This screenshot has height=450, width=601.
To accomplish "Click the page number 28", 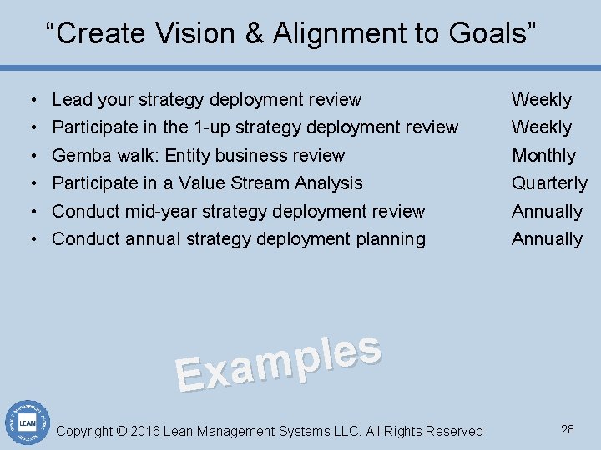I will coord(568,430).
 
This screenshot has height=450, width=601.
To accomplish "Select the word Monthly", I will coord(543,155).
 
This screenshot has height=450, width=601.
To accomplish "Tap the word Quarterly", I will coord(549,182).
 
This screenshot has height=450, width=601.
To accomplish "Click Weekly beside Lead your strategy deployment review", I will coord(542,99).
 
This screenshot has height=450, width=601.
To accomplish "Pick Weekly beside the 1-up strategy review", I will coord(542,127).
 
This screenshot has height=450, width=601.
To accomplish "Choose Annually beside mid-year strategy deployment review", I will coord(547,211).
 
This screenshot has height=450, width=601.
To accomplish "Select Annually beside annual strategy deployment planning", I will coord(547,238).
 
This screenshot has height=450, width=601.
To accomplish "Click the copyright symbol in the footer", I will coord(122,431).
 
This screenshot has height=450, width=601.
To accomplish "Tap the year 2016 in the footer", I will coord(145,431).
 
